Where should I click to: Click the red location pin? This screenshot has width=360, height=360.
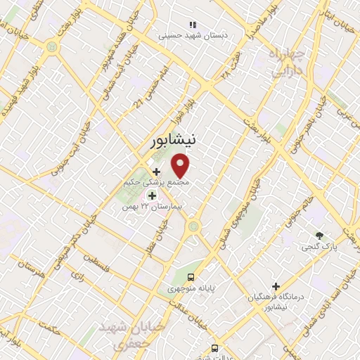coord(181,166)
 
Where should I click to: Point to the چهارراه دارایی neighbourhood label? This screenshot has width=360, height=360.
coord(286,62)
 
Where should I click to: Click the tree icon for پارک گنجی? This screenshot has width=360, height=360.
coord(321,236)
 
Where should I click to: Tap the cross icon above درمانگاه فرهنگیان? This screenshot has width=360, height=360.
coord(276,287)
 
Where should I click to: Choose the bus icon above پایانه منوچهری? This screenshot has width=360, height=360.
coord(191,276)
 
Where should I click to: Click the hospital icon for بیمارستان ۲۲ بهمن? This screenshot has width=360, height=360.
coord(152,195)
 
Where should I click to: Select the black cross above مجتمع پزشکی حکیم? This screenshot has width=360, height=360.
coord(155,171)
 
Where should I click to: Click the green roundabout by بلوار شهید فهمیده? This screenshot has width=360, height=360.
coord(52,46)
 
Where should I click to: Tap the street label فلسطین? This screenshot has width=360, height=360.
coord(105,266)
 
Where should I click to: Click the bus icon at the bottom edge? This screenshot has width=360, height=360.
coord(214,347)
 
